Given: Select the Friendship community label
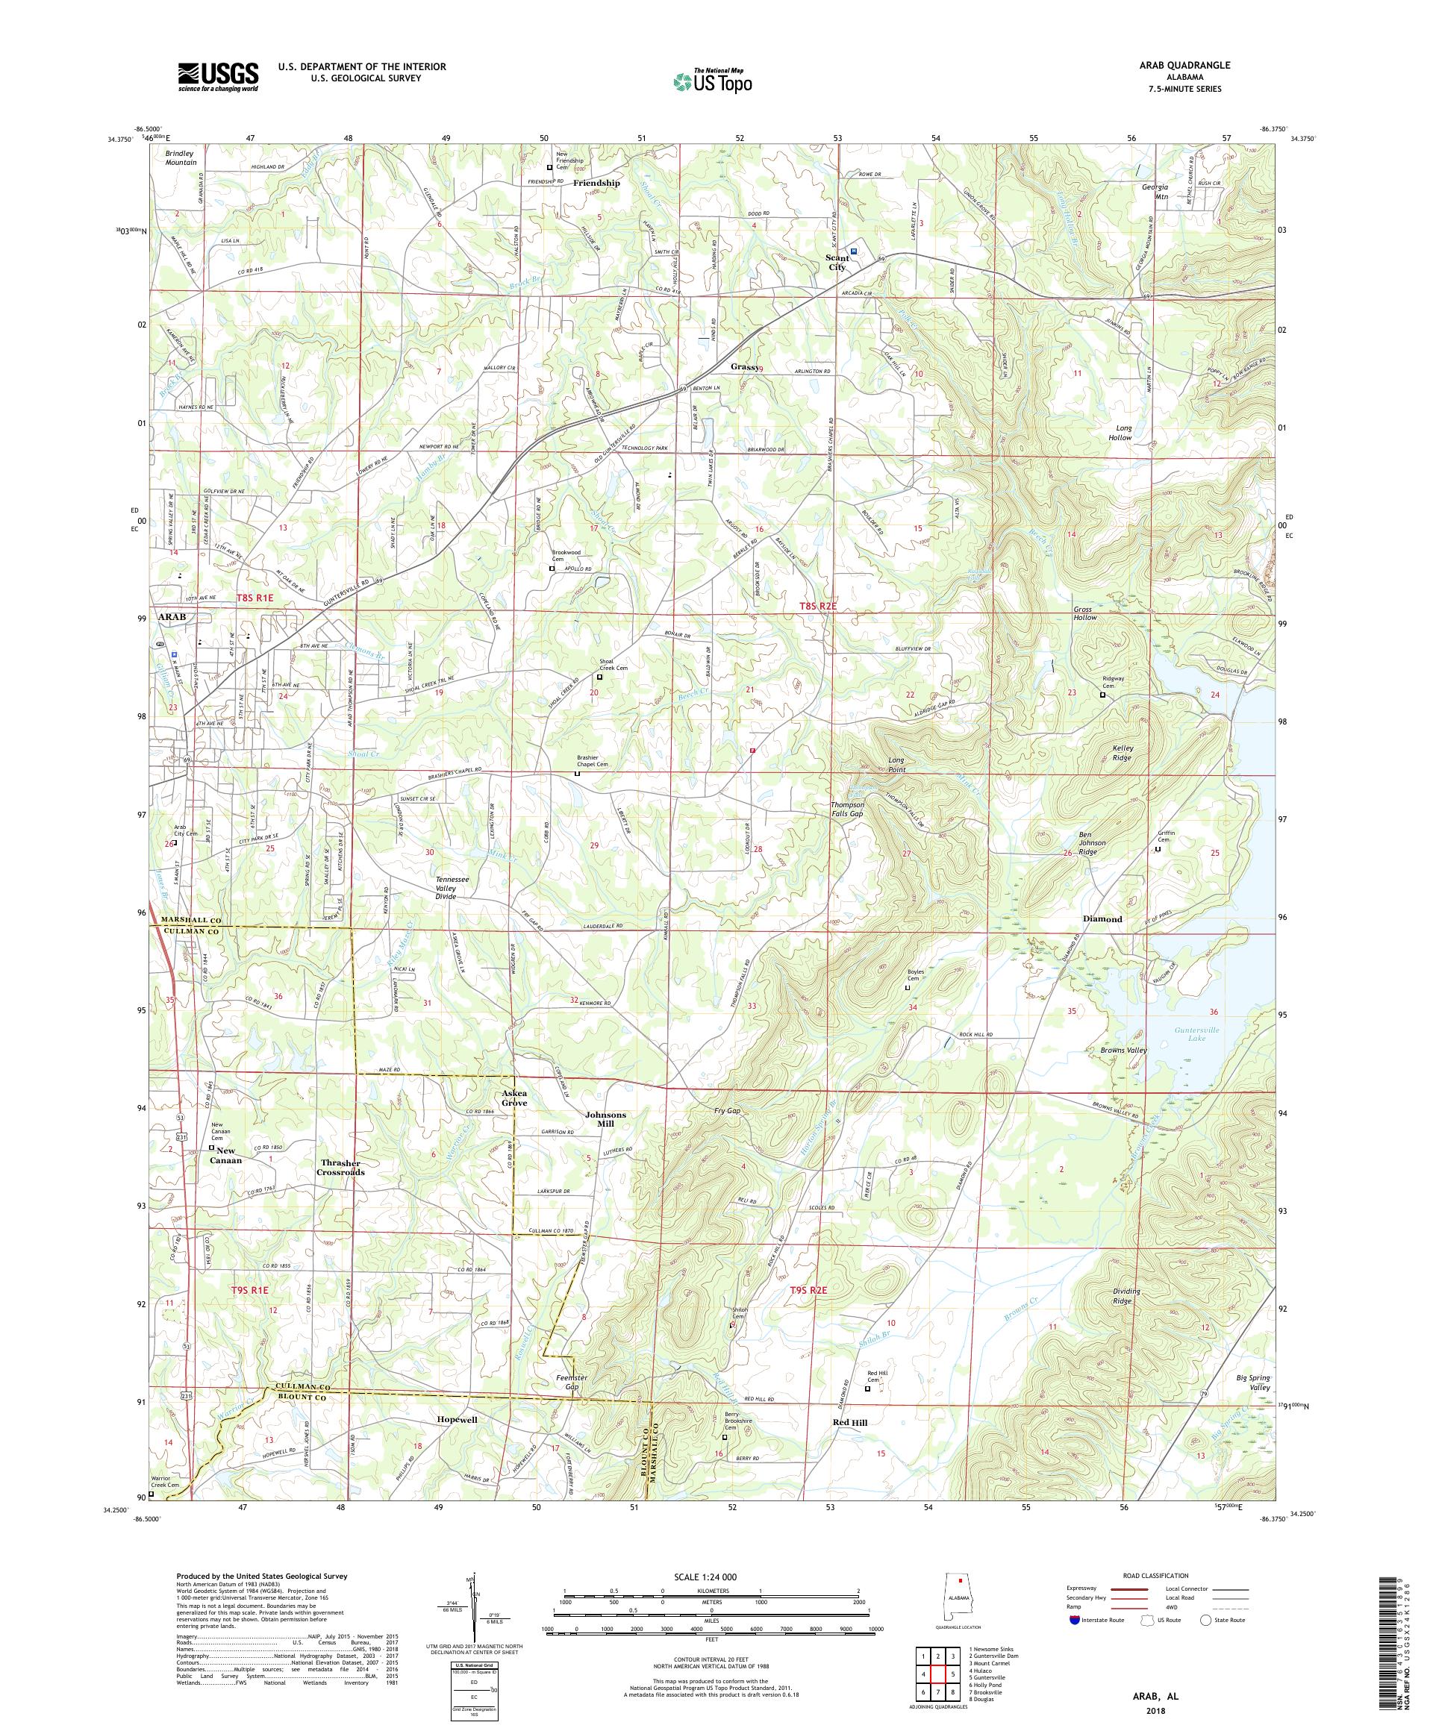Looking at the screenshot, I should (x=596, y=183).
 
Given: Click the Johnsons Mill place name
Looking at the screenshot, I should (x=605, y=1119).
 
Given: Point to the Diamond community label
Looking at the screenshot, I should (x=1102, y=918).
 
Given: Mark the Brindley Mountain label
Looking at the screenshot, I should (x=181, y=157).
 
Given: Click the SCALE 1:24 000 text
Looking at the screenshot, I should (x=711, y=1574).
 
